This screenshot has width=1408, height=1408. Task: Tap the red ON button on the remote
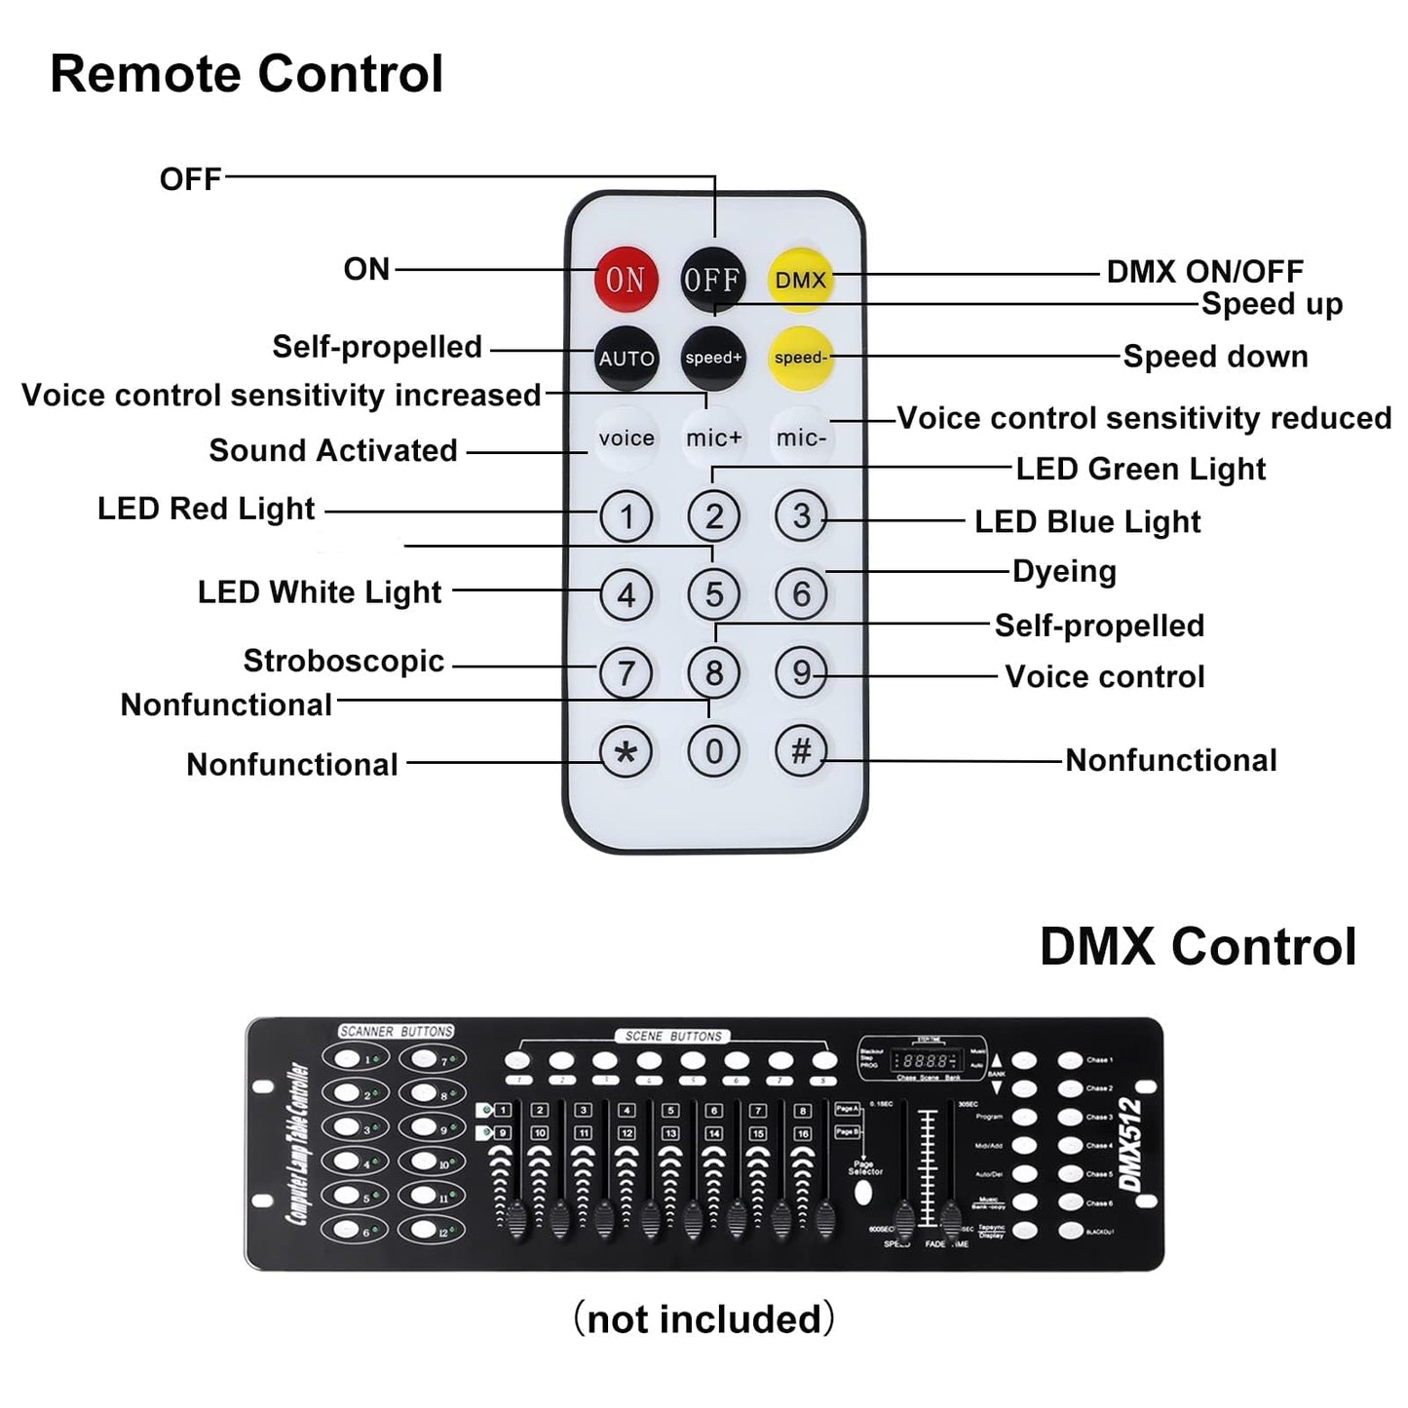click(x=626, y=280)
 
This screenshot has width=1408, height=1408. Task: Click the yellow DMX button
click(x=801, y=280)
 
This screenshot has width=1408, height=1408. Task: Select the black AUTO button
click(x=626, y=359)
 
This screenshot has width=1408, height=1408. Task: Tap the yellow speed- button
click(x=801, y=358)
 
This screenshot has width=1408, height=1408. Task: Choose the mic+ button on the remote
click(x=713, y=438)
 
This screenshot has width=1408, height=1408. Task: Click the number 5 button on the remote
click(x=714, y=594)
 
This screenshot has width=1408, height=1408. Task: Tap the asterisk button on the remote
click(x=626, y=752)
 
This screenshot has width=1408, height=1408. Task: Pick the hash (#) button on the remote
click(x=801, y=750)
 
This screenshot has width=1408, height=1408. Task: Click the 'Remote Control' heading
click(x=247, y=74)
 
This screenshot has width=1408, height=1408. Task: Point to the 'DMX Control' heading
click(x=1198, y=946)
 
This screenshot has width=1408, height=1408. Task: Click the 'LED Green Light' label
click(x=1140, y=470)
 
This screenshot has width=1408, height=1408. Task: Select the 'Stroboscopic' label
click(x=343, y=661)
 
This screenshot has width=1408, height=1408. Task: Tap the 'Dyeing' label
click(x=1064, y=571)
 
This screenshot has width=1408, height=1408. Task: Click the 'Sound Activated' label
click(x=332, y=450)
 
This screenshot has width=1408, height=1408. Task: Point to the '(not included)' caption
click(x=704, y=1318)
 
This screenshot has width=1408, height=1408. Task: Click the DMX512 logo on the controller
click(x=1130, y=1144)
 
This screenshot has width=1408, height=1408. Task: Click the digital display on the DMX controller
click(x=925, y=1061)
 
